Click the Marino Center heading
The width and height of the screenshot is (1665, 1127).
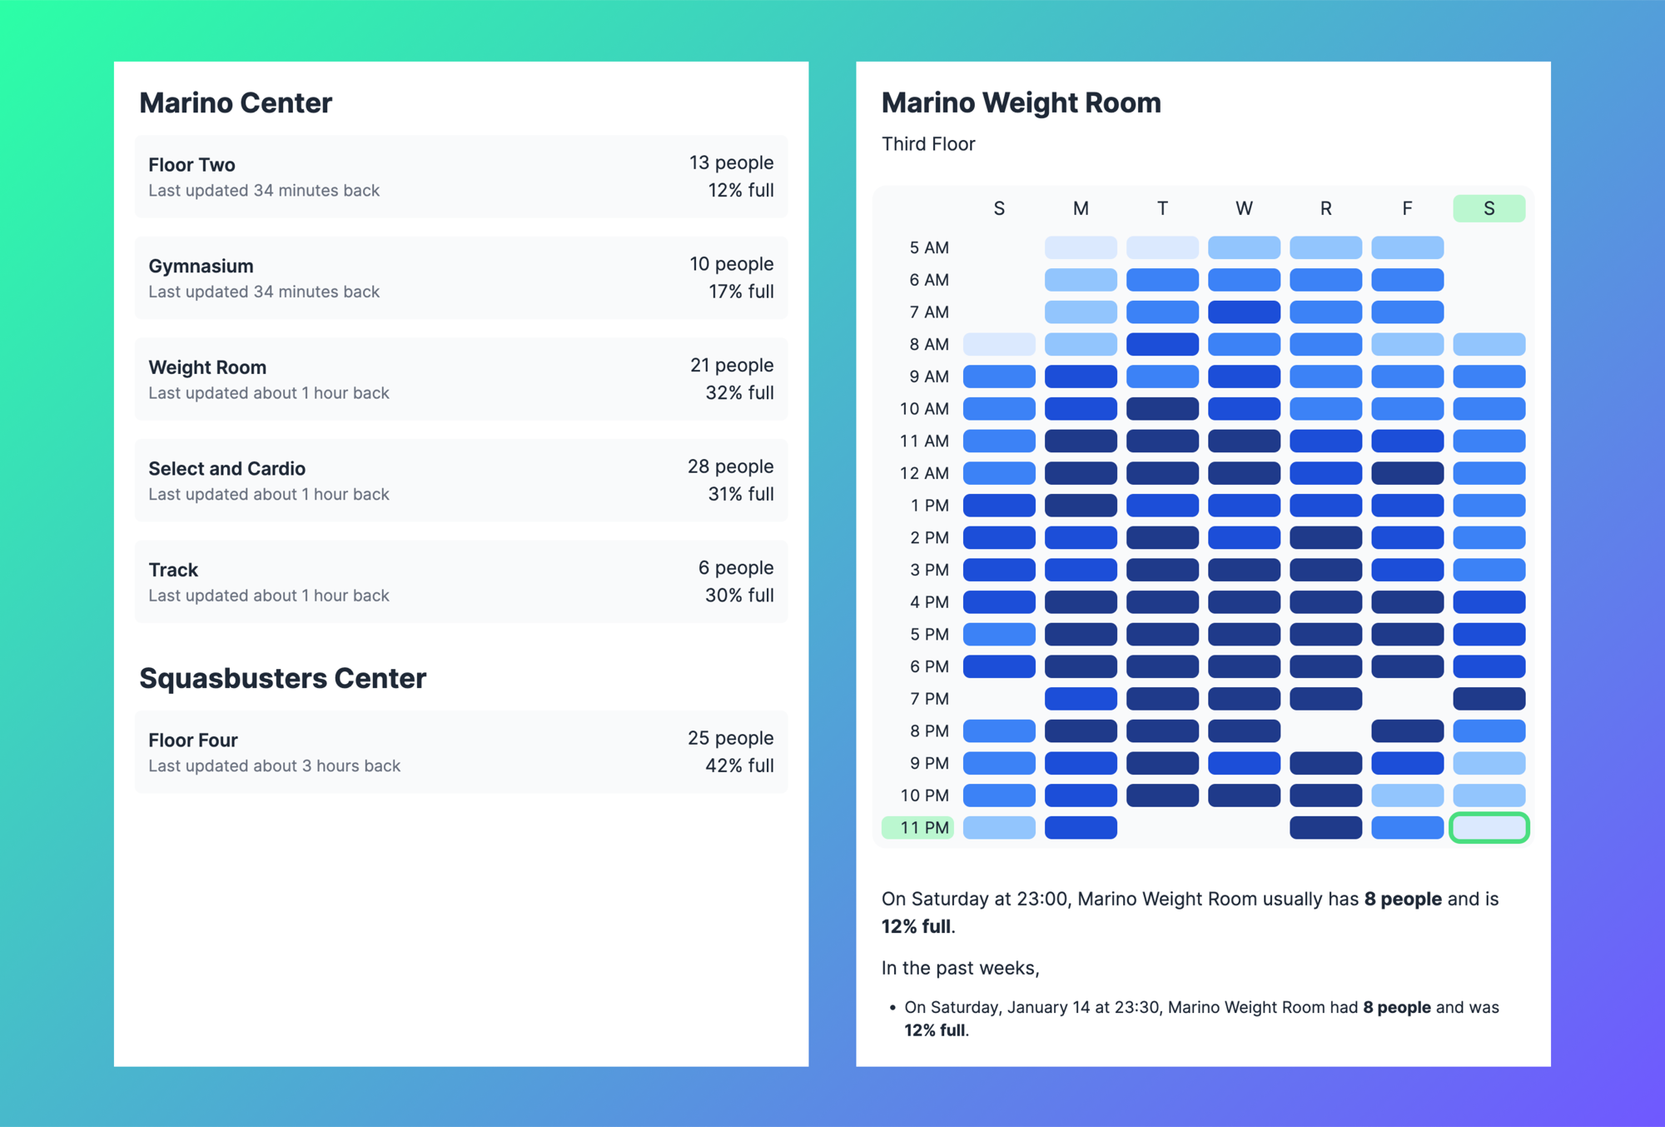point(236,102)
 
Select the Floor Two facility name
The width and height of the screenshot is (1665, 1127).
point(191,164)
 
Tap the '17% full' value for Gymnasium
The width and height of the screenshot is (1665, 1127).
point(740,292)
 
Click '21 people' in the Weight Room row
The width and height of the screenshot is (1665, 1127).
point(731,365)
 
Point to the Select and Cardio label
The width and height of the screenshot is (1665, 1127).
point(226,468)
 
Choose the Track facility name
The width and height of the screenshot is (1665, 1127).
point(173,570)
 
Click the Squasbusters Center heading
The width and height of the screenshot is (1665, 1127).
point(282,678)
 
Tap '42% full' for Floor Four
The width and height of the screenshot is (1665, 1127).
point(738,765)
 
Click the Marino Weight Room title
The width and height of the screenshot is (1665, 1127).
point(1021,102)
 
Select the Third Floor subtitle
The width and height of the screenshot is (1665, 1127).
point(928,143)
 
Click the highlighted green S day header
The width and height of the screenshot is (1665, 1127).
point(1489,208)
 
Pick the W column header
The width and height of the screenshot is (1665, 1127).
point(1244,208)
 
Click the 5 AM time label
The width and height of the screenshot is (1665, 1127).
point(928,247)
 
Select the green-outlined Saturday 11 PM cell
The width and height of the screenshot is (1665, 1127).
point(1489,827)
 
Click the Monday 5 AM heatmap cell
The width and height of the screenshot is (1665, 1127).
point(1081,247)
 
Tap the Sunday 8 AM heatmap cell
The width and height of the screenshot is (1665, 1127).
point(999,344)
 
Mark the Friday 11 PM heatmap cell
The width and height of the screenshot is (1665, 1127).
point(1407,827)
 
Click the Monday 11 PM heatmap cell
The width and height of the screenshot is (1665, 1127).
point(1081,827)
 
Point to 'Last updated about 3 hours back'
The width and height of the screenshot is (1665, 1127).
point(274,765)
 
